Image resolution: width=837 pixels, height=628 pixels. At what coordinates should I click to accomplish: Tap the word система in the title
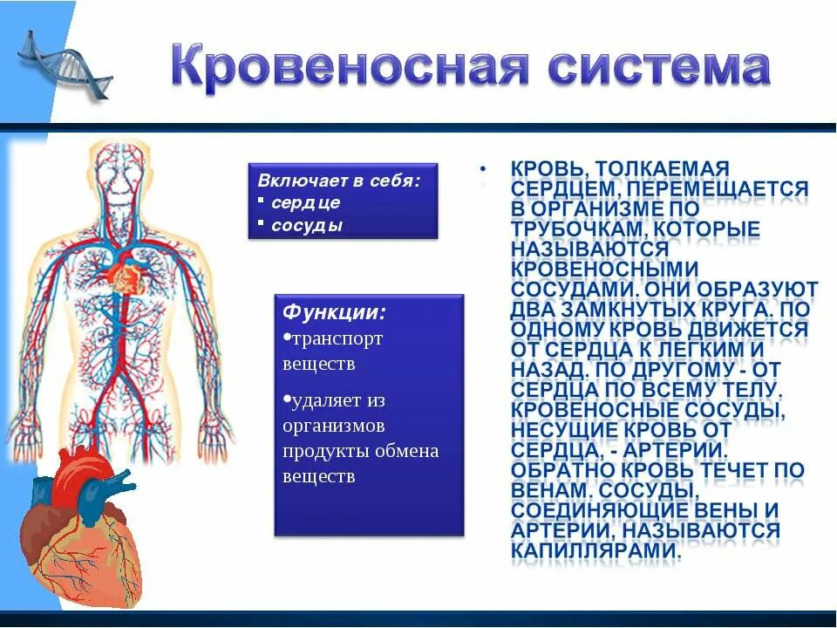click(x=650, y=69)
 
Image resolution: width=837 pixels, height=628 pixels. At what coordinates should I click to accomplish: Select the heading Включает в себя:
click(x=339, y=181)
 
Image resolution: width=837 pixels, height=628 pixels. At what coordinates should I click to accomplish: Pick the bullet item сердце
click(x=305, y=202)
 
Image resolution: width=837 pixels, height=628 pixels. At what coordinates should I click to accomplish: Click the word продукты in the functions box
click(x=320, y=451)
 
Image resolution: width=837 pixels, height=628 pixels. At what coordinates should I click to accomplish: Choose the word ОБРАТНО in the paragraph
click(x=567, y=470)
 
